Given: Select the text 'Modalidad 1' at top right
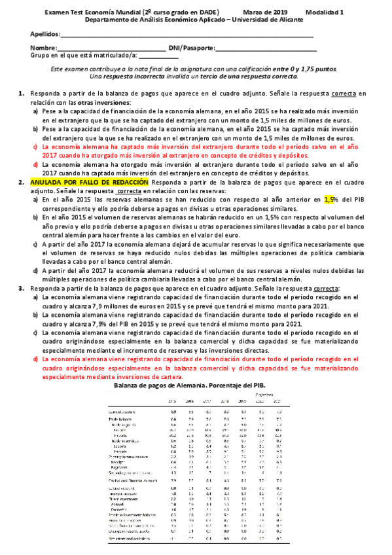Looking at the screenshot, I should point(331,12).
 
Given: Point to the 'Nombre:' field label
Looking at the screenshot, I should point(43,48).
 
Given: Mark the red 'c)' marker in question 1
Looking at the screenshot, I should point(36,147).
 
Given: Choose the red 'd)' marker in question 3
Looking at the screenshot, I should point(36,359).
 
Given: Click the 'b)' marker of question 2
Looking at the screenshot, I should point(36,216).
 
